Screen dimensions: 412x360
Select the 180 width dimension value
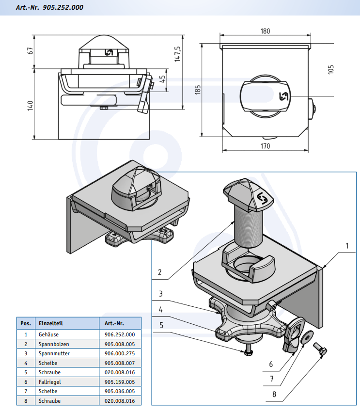tap(265, 31)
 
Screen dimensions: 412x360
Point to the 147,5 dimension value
tap(177, 54)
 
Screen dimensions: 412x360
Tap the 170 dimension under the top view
tap(265, 146)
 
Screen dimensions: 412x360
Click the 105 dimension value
tap(331, 69)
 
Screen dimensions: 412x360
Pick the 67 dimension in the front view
tap(30, 50)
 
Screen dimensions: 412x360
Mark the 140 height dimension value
tap(30, 106)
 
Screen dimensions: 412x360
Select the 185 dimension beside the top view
tap(198, 90)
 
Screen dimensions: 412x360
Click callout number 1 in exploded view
tap(347, 246)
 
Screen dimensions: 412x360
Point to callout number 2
tap(159, 272)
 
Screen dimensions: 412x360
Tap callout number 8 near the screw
tap(274, 394)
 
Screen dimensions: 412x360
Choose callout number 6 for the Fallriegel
tap(271, 364)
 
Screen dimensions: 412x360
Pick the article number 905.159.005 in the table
tap(119, 382)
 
